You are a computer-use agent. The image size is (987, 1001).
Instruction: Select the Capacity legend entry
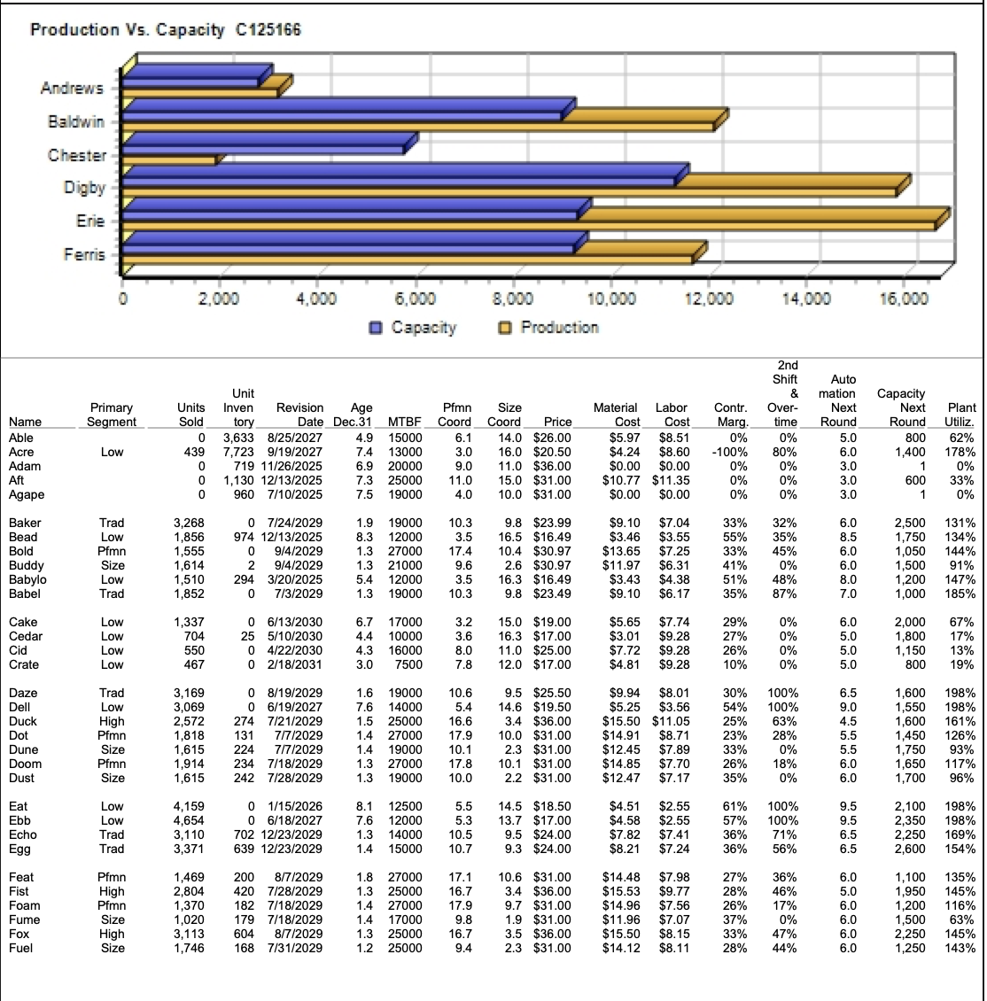click(x=413, y=328)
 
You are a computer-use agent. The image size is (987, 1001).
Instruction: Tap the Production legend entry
click(x=549, y=328)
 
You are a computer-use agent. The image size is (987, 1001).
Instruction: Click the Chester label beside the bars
click(x=77, y=155)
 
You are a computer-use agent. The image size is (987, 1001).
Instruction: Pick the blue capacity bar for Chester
click(x=266, y=144)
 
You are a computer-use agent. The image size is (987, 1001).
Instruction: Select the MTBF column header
click(x=404, y=423)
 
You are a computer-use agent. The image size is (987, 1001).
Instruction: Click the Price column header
click(x=557, y=423)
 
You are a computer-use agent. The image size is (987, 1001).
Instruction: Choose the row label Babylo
click(x=27, y=579)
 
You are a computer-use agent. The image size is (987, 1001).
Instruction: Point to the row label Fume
click(x=24, y=920)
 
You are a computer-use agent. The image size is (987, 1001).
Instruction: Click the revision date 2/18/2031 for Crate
click(x=295, y=664)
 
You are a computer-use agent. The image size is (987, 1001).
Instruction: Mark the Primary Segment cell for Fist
click(x=113, y=891)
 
